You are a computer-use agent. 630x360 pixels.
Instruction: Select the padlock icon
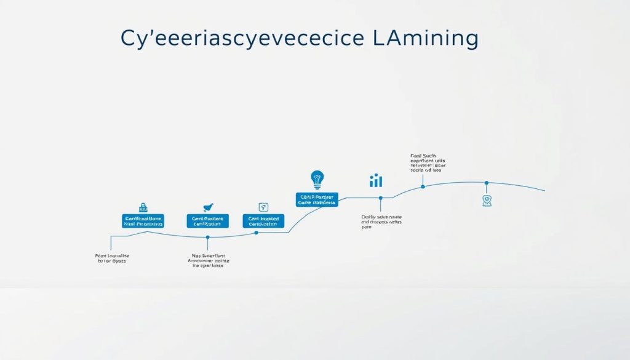tap(143, 207)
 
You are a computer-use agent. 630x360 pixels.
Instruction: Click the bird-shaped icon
tap(208, 208)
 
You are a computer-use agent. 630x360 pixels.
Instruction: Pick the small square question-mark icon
tap(264, 207)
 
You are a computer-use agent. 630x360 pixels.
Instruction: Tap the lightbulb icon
tap(317, 180)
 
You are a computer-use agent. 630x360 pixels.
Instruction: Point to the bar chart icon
tap(376, 180)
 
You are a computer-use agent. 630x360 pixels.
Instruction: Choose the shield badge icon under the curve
tap(487, 201)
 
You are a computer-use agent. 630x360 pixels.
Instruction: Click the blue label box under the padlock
tap(143, 222)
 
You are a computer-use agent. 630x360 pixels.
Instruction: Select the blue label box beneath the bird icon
tap(207, 222)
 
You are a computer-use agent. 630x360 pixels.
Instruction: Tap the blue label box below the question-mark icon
tap(264, 222)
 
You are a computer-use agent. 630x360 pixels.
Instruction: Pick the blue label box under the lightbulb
tap(317, 199)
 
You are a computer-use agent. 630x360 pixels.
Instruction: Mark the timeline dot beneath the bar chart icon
tap(381, 198)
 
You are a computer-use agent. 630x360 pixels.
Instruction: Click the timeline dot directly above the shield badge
tap(487, 183)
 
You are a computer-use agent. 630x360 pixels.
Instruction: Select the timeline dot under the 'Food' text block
tap(423, 186)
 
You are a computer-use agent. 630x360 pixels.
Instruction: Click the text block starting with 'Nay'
tap(207, 260)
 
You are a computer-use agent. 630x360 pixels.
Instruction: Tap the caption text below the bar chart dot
tap(381, 222)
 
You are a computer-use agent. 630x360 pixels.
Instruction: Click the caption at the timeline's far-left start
tap(108, 258)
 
